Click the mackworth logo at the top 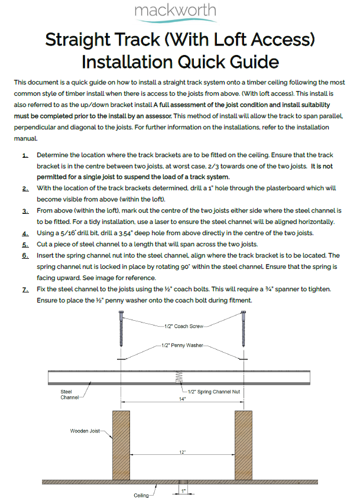(x=175, y=11)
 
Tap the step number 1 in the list (x=25, y=155)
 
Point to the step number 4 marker (x=25, y=232)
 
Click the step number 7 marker (x=25, y=289)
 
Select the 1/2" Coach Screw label (x=184, y=325)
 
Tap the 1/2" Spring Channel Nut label (x=211, y=391)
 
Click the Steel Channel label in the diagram (x=69, y=394)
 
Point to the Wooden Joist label (x=86, y=431)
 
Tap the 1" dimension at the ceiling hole (x=184, y=491)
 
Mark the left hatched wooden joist (x=121, y=445)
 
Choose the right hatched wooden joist (x=244, y=445)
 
